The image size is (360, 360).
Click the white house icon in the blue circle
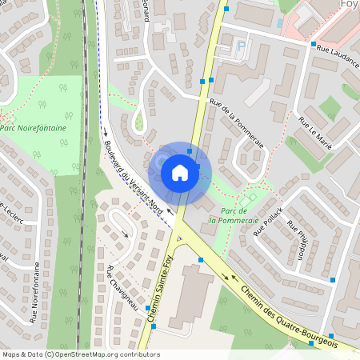click(179, 172)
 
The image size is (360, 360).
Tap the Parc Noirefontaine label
click(33, 126)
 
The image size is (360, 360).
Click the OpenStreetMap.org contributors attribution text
click(107, 354)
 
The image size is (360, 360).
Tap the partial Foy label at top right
click(349, 3)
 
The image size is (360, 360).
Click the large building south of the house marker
click(189, 292)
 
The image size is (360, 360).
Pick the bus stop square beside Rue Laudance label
click(314, 44)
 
